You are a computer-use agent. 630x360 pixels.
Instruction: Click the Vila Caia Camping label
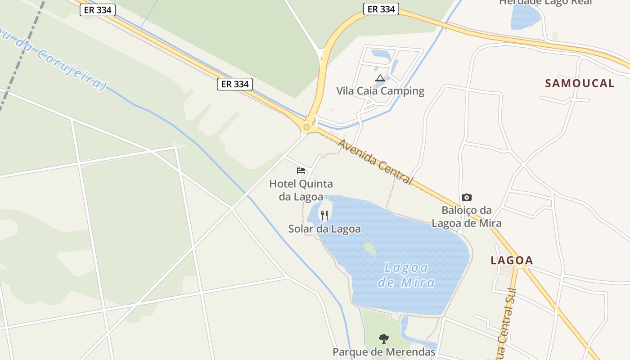380,91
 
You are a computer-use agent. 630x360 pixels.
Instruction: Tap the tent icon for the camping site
380,78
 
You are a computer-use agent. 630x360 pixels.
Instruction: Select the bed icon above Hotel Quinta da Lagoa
301,170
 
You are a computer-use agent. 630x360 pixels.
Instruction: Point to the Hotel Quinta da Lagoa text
301,190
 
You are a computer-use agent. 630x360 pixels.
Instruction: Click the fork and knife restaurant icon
324,216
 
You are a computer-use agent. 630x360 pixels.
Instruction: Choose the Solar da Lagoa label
324,229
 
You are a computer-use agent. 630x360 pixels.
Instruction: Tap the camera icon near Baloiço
467,197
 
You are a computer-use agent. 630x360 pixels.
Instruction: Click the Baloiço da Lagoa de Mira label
467,216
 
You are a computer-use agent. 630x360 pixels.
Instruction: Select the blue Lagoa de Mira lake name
406,275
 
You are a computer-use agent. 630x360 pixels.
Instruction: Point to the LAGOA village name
512,260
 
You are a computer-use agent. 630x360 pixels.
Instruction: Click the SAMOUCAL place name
580,83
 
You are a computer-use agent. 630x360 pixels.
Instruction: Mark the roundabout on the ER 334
306,127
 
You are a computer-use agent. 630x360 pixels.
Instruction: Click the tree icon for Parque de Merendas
383,338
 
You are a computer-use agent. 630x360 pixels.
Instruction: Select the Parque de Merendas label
384,351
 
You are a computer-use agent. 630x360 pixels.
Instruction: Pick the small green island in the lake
370,248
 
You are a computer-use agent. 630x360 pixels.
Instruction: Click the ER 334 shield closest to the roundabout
235,84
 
